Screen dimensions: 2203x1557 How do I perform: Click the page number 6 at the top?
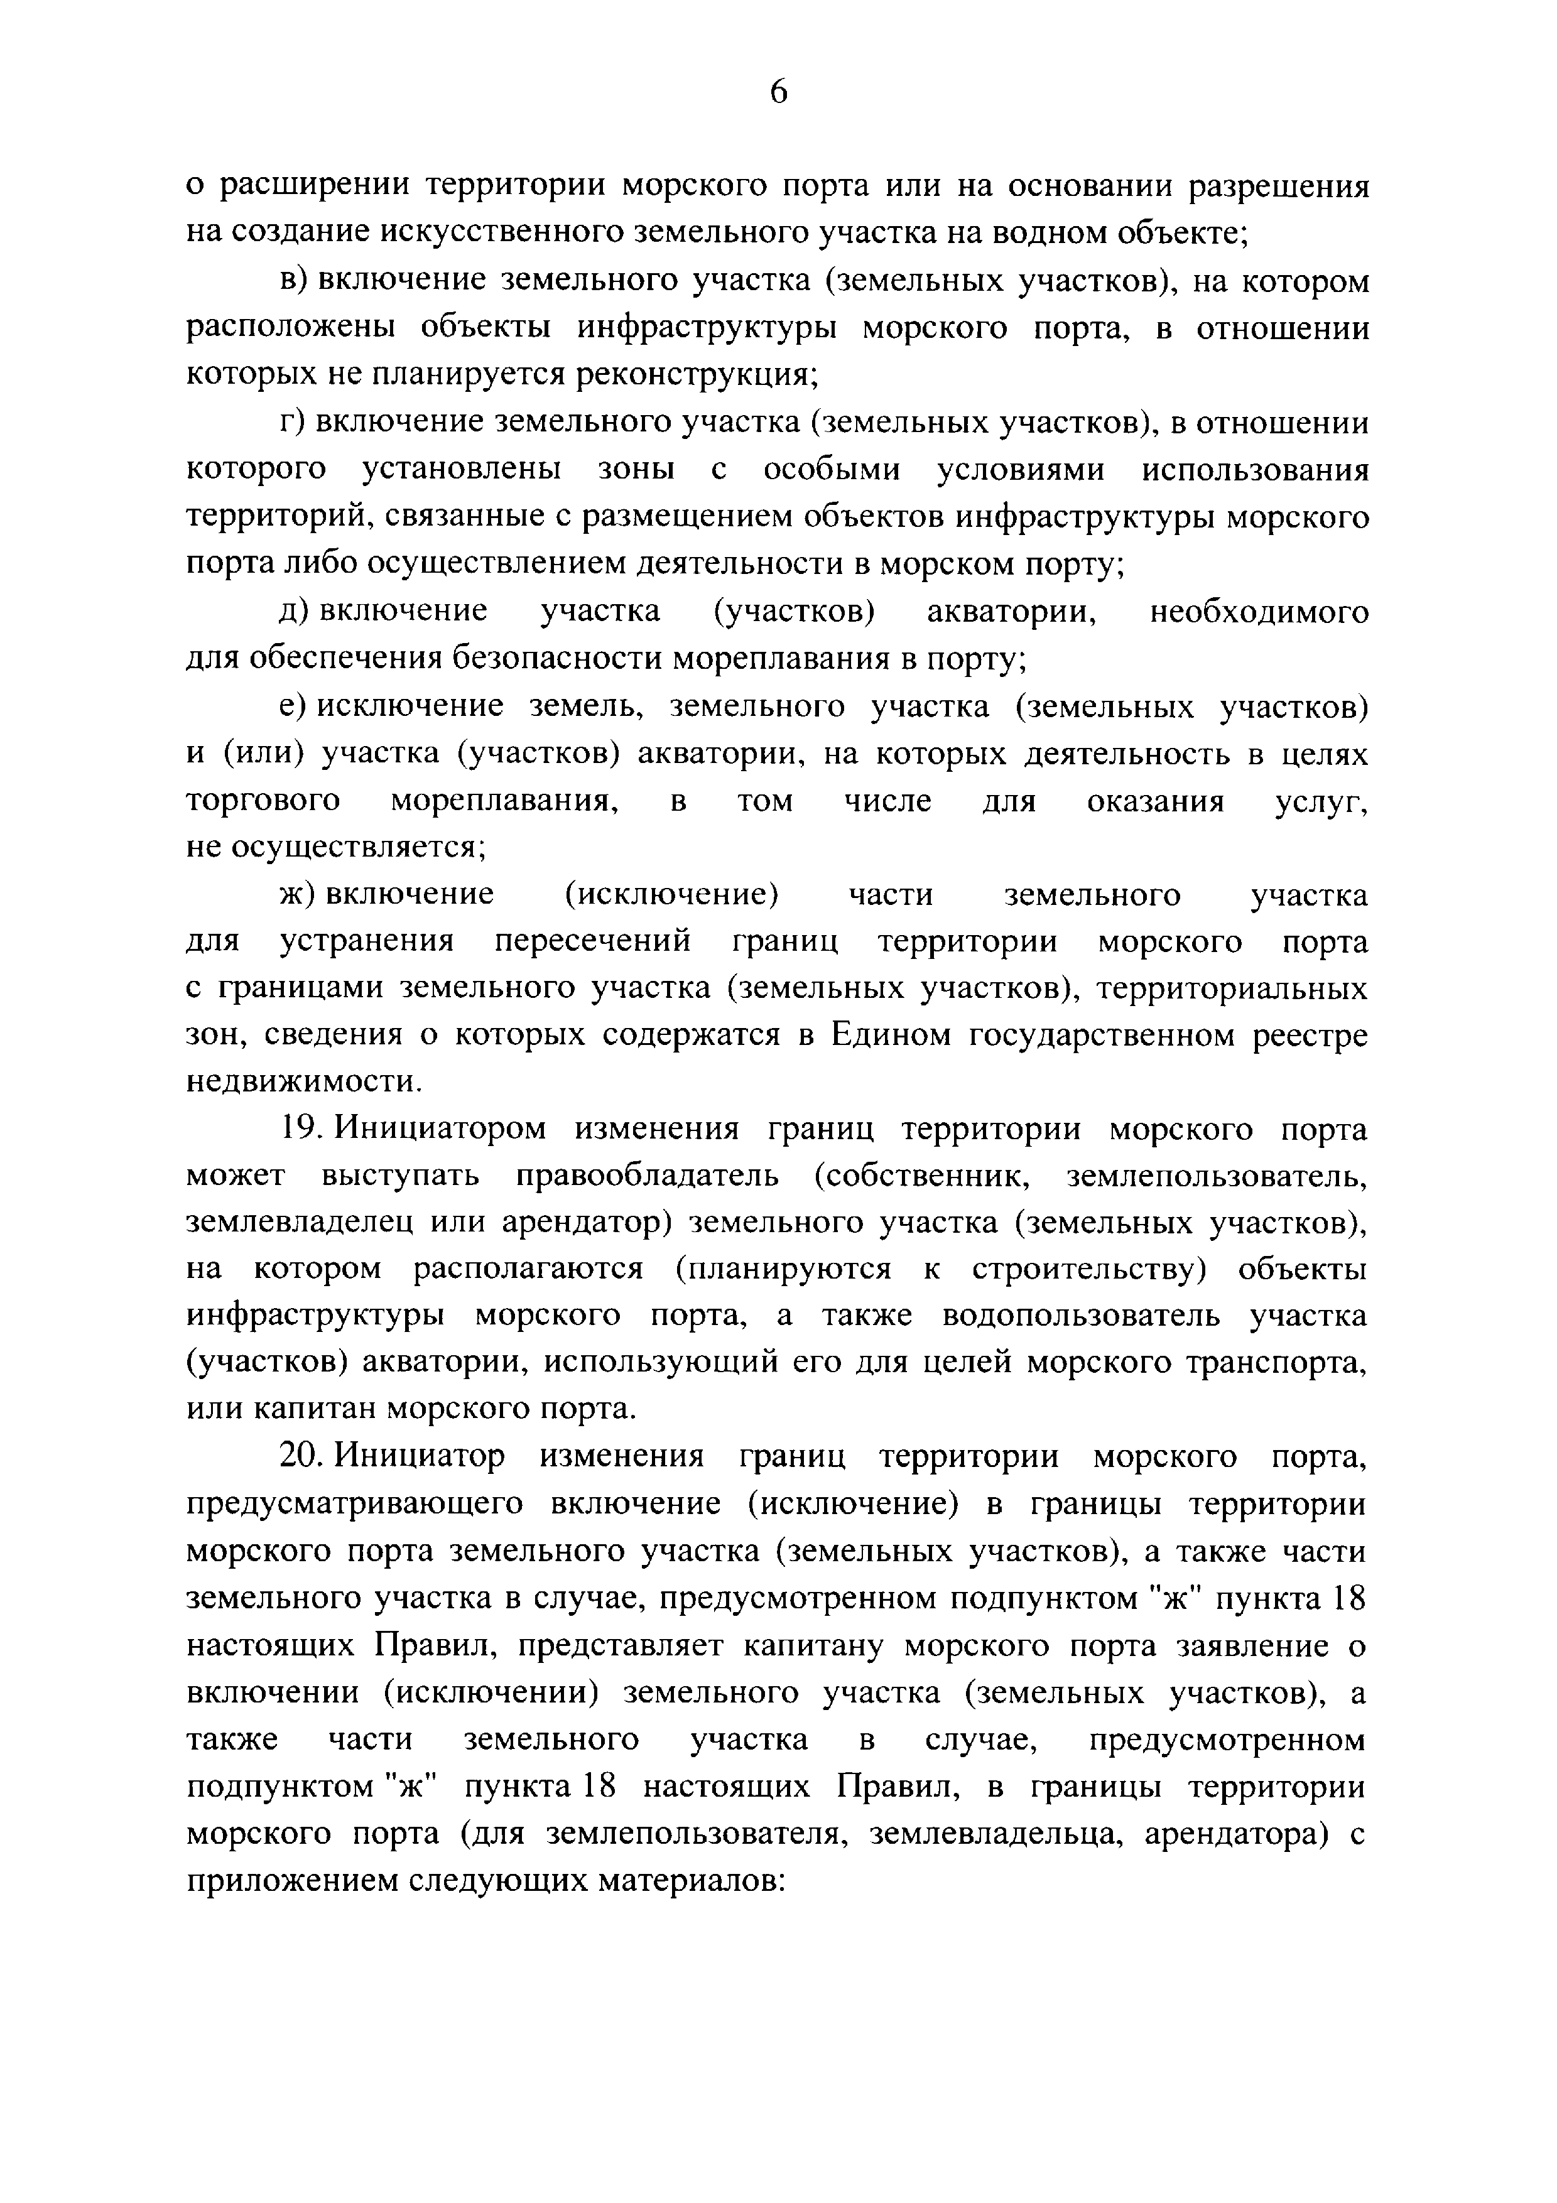778,92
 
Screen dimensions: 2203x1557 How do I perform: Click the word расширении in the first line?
318,185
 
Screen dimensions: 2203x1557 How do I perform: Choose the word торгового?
263,800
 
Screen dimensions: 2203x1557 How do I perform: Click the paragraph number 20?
301,1456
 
